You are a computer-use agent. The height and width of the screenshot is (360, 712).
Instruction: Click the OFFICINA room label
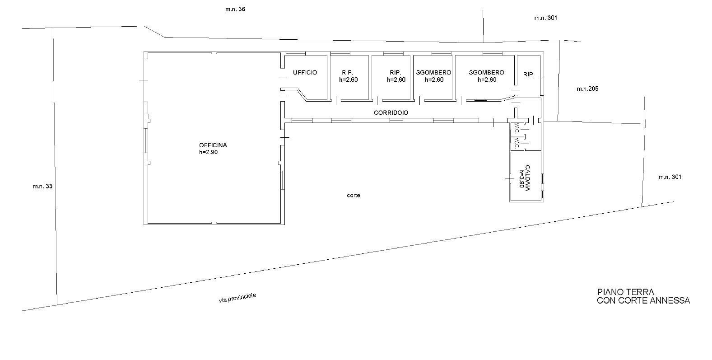213,145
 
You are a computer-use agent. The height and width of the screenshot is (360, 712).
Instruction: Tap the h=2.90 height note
208,152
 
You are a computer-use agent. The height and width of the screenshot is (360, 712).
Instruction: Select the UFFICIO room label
305,73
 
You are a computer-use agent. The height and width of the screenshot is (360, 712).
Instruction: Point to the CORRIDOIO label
391,112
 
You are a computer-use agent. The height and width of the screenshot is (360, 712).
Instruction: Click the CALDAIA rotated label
527,178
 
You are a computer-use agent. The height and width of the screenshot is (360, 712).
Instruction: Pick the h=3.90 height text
521,178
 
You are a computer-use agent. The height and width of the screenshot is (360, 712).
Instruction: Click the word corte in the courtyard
354,195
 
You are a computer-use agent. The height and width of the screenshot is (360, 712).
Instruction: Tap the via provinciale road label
237,298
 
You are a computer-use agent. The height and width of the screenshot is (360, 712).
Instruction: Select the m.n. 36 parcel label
235,9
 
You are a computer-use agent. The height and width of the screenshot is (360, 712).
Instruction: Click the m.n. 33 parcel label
42,187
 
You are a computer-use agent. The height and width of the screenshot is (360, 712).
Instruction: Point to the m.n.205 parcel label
587,89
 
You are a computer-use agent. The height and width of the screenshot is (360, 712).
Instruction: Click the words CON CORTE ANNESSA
643,300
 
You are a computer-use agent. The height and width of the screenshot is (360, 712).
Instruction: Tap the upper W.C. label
517,129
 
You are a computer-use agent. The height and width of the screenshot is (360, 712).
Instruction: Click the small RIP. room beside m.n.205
529,75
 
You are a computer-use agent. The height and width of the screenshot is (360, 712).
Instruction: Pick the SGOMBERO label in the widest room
486,73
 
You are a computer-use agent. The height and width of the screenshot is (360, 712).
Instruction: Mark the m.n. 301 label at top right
545,18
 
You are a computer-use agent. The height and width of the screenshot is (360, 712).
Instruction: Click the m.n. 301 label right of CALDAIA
670,177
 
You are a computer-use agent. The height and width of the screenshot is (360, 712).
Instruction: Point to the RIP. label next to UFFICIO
348,73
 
